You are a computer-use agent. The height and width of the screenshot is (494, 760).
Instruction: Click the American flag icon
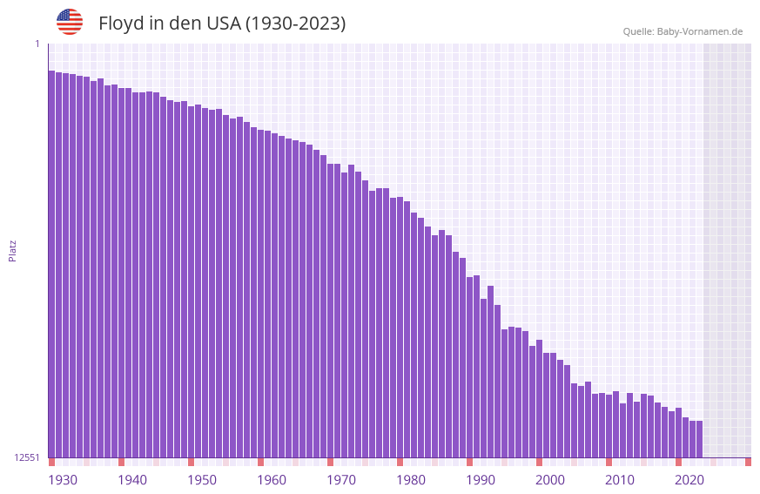click(70, 22)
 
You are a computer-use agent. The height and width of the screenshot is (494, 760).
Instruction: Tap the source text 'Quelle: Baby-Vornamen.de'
click(683, 31)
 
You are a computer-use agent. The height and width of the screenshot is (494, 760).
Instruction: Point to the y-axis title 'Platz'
click(12, 250)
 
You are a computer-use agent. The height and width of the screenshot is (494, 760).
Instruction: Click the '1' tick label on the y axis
click(37, 44)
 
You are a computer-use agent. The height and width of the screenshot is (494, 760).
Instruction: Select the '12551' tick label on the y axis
click(27, 457)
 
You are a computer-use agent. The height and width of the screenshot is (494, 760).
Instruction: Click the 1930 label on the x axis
click(63, 480)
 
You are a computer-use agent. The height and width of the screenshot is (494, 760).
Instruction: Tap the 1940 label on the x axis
click(132, 480)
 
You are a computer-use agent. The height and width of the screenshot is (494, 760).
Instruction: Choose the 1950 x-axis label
click(202, 480)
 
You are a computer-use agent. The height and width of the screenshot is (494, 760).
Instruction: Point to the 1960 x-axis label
click(272, 480)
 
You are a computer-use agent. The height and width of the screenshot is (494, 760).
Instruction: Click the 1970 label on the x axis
click(341, 480)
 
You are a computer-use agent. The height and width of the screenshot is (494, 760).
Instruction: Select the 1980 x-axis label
click(411, 480)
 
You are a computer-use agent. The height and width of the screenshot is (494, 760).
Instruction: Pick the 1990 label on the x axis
click(481, 480)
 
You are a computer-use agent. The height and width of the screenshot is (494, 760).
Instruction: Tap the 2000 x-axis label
click(550, 480)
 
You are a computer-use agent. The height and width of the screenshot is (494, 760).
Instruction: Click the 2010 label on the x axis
click(620, 480)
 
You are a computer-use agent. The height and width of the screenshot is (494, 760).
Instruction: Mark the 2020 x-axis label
click(689, 480)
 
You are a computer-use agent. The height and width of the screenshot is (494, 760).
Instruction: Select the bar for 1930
click(51, 261)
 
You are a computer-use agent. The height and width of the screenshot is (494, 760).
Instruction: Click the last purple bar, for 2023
click(699, 439)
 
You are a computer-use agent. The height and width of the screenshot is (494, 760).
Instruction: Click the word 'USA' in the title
click(224, 24)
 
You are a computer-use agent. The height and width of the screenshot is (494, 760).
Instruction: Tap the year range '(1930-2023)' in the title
click(295, 24)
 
